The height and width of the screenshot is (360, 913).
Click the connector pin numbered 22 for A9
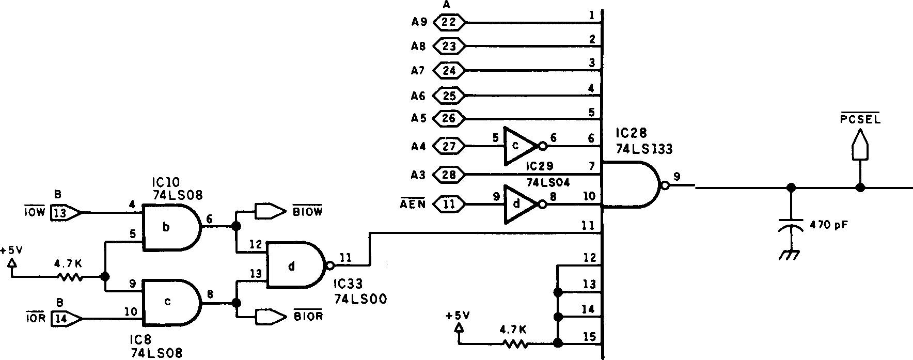(x=449, y=22)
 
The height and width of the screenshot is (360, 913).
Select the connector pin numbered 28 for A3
(x=449, y=175)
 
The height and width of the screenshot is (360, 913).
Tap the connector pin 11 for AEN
(x=449, y=204)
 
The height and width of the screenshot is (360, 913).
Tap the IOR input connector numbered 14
(x=65, y=319)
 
